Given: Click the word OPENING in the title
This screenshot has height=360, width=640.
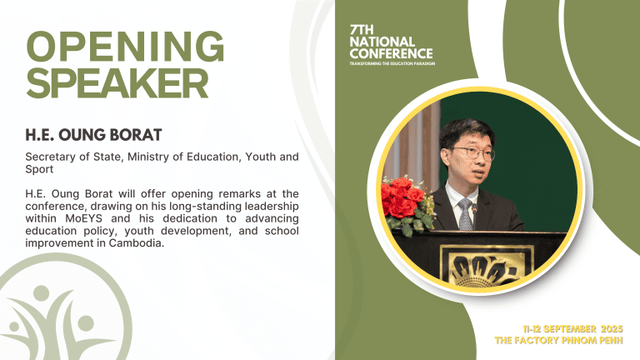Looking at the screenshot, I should [126, 48].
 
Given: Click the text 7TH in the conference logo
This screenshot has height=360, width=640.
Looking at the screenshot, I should [362, 30].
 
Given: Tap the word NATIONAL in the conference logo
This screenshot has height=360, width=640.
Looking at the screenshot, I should [382, 42].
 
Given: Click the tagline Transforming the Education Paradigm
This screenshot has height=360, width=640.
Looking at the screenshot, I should [392, 63].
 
